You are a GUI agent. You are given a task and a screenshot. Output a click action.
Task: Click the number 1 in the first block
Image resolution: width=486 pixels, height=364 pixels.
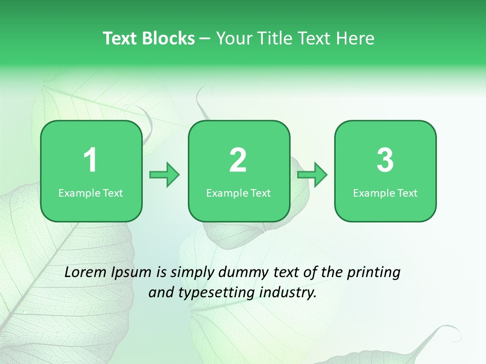(x=90, y=160)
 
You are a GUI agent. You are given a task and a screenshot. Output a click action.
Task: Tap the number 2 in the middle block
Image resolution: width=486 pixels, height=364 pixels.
(x=238, y=160)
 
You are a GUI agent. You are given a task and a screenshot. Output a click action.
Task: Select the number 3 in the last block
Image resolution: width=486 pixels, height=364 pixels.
(x=385, y=160)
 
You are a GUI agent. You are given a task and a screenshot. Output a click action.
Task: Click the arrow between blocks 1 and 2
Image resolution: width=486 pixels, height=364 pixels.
(x=165, y=175)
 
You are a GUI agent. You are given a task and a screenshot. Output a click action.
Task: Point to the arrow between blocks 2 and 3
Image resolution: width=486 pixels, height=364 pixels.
(x=312, y=175)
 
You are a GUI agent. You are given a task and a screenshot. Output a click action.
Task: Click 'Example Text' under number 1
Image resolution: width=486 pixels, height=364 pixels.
(x=91, y=193)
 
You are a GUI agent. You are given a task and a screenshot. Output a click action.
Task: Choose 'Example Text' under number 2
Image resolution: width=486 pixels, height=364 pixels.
(x=238, y=193)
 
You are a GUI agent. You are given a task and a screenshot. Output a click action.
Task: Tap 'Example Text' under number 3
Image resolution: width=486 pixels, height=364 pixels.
(x=385, y=193)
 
